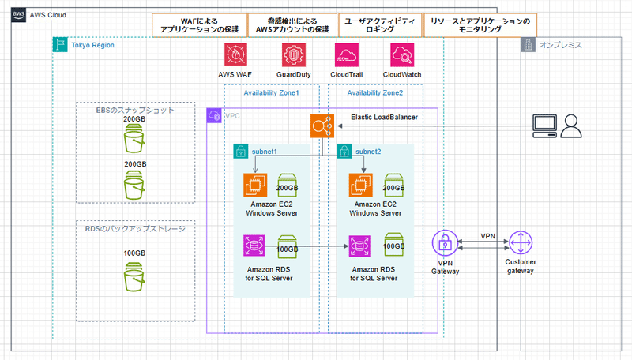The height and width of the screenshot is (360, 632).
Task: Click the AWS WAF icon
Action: [x=236, y=55]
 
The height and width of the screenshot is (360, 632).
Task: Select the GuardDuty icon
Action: [x=292, y=55]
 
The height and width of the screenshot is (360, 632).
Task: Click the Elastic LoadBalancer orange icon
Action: [x=323, y=126]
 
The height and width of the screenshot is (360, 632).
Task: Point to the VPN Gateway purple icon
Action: [x=445, y=243]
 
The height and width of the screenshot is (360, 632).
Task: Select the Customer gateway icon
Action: [x=520, y=243]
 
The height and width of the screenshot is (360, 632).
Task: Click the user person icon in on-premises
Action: [x=571, y=125]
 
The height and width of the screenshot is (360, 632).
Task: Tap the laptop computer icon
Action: [x=545, y=125]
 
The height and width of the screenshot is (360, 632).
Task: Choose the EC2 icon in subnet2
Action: [x=361, y=186]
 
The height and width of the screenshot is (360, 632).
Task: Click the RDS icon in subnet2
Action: [x=361, y=246]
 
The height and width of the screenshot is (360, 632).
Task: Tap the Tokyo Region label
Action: [x=92, y=45]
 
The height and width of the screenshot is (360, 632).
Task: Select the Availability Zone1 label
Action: [x=271, y=93]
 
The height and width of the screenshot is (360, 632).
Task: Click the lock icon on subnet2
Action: [x=344, y=150]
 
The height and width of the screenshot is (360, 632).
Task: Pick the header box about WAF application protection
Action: [x=199, y=25]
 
